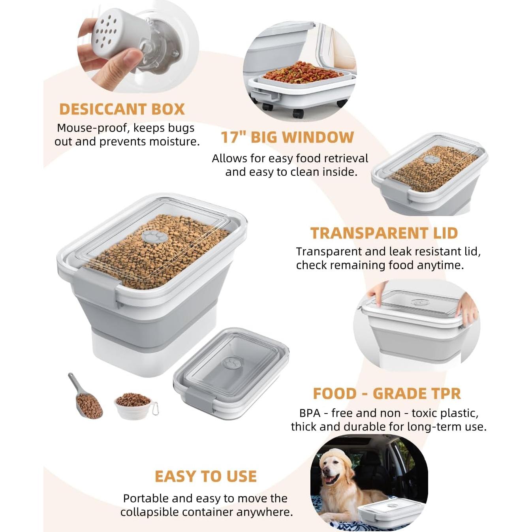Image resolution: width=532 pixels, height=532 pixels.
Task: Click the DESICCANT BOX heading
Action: click(122, 109)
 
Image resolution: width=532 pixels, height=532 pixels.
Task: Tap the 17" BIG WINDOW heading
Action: click(287, 137)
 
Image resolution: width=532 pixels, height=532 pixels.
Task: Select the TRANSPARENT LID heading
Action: click(383, 233)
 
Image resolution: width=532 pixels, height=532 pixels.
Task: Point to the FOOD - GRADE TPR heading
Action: click(387, 394)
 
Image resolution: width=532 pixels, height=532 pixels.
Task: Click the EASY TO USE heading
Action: click(205, 476)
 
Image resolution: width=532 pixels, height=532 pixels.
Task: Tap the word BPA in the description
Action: click(310, 413)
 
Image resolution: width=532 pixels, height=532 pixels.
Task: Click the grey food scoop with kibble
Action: click(85, 399)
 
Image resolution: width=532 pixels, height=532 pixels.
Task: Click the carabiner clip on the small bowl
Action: click(155, 408)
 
